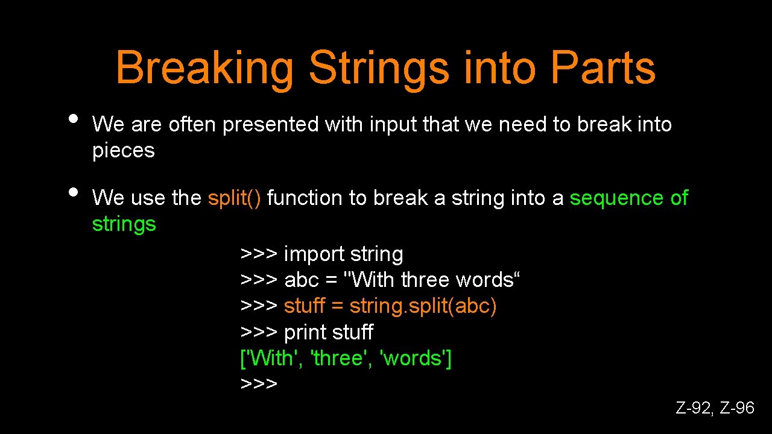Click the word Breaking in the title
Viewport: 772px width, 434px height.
pos(204,69)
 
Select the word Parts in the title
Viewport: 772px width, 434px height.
pos(603,68)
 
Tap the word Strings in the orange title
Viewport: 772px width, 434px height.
pos(379,69)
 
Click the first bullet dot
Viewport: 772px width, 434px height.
pos(74,118)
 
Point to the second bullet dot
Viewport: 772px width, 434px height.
pos(74,191)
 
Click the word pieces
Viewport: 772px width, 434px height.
pos(123,151)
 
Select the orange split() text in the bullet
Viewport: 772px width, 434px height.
pos(234,198)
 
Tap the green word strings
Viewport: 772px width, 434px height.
pos(124,224)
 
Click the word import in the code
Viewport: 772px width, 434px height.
pos(311,255)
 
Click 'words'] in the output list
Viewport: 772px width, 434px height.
pos(416,358)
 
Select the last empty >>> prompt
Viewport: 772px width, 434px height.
pos(259,384)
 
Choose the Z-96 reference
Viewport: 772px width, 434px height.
pos(737,408)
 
